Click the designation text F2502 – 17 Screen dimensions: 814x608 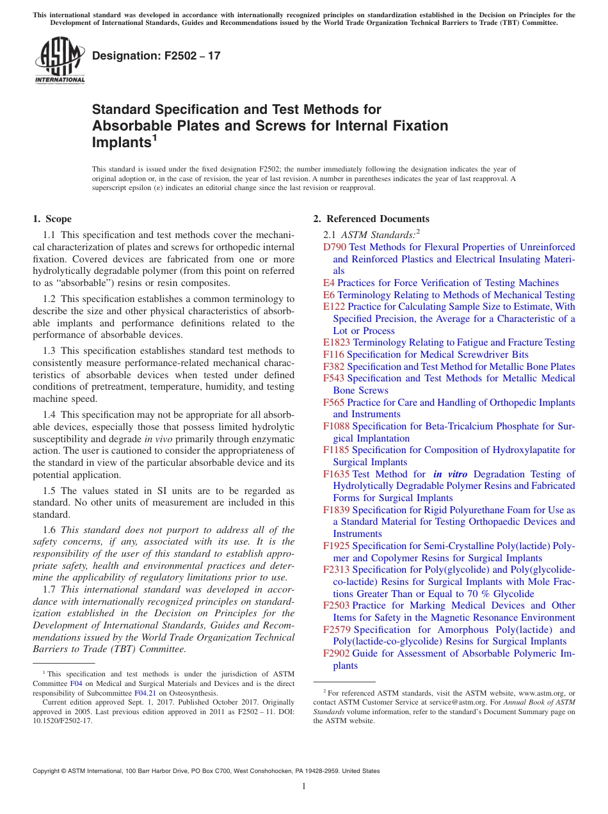[x=156, y=56]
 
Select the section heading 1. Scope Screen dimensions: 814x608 [x=52, y=219]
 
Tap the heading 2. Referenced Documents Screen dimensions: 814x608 [x=371, y=219]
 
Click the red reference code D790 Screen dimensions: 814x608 [x=335, y=247]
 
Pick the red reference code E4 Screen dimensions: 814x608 [x=328, y=283]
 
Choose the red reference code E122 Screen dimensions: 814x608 [x=334, y=307]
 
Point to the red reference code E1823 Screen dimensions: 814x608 [x=337, y=343]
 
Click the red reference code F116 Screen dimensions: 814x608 [x=333, y=355]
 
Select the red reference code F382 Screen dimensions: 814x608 [x=333, y=367]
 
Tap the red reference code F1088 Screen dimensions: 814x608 [x=336, y=426]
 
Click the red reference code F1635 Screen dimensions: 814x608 [x=336, y=474]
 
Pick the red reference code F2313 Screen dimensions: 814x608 [x=336, y=570]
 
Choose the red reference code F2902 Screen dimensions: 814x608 [x=336, y=653]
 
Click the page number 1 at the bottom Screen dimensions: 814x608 [x=304, y=786]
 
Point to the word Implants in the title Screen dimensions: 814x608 [x=121, y=143]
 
